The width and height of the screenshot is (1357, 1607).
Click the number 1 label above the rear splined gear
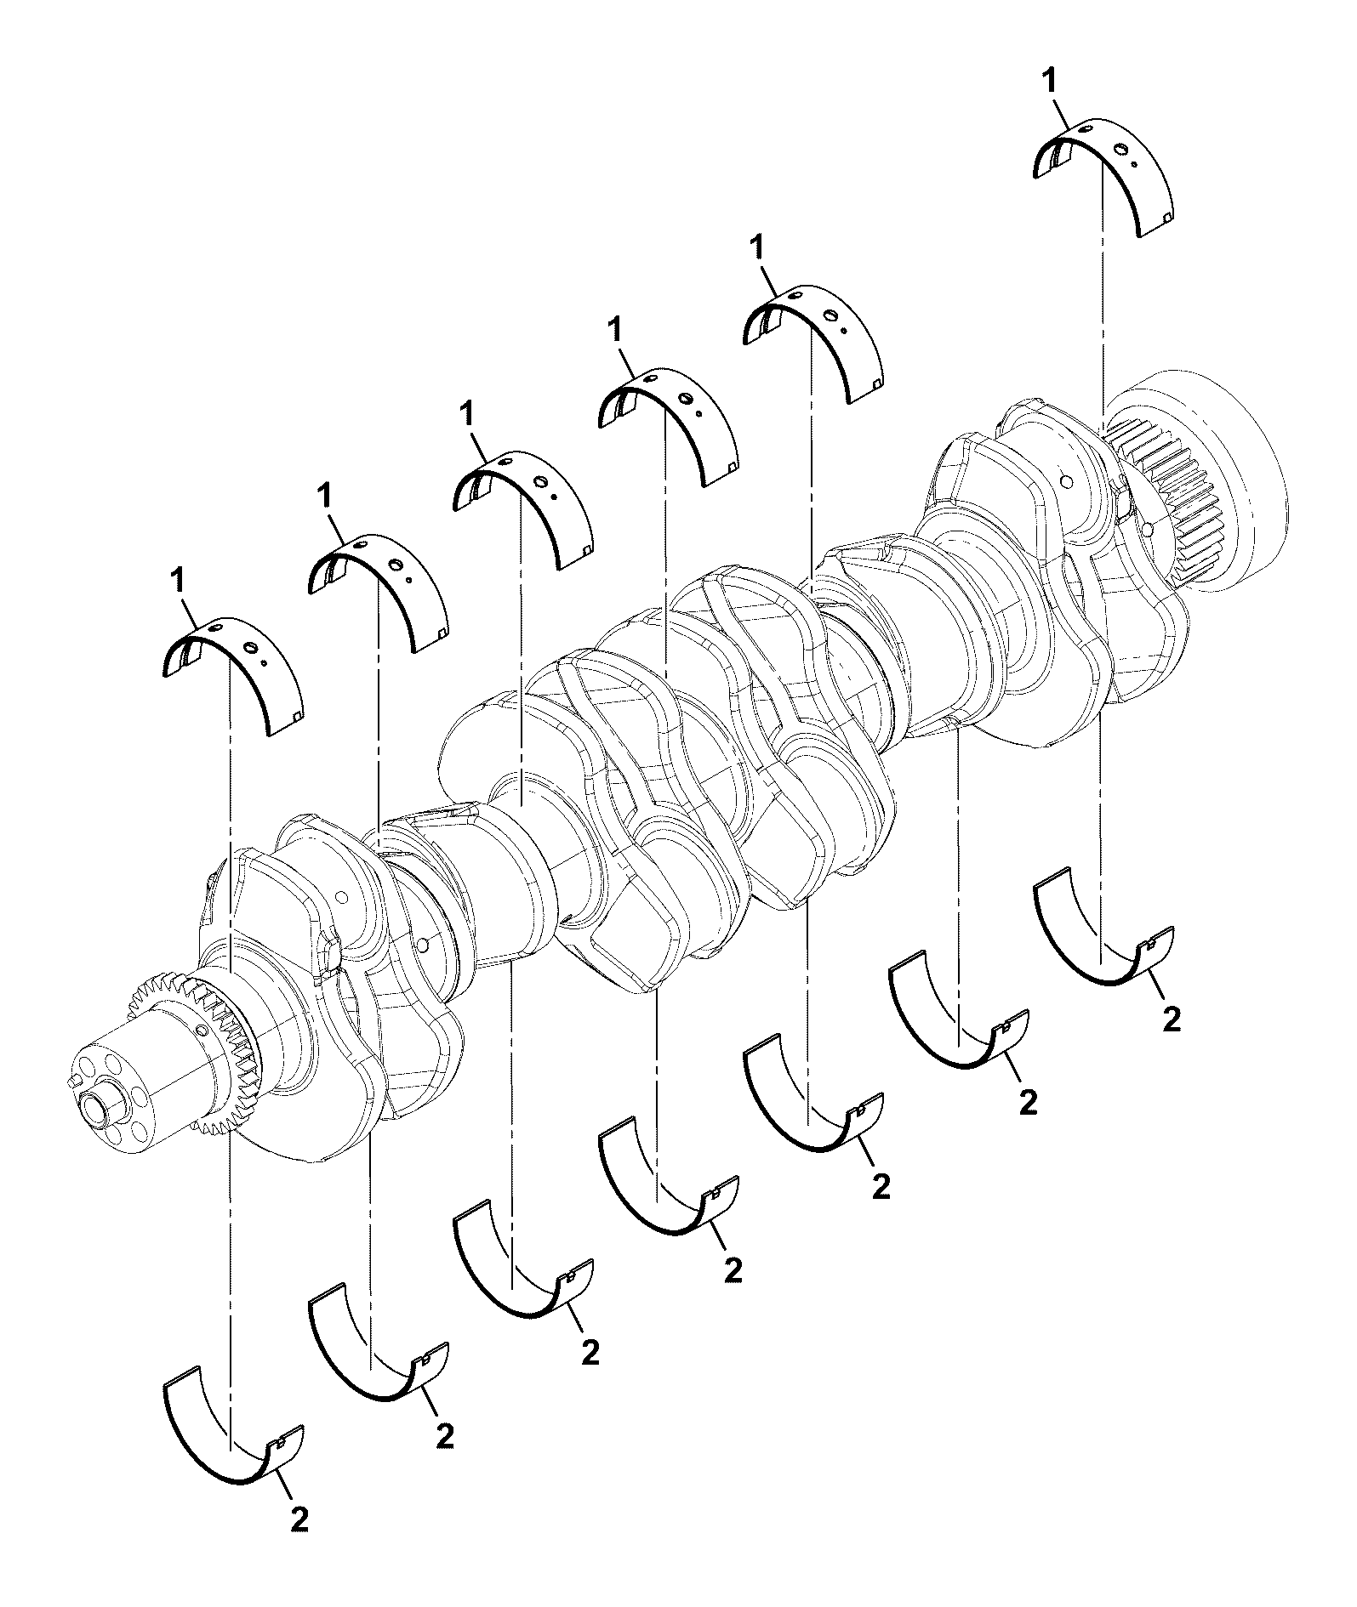(x=1051, y=82)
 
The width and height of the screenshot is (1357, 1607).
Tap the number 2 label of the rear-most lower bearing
(x=1172, y=1020)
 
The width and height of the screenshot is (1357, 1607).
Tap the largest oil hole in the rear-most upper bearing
(x=1123, y=151)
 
